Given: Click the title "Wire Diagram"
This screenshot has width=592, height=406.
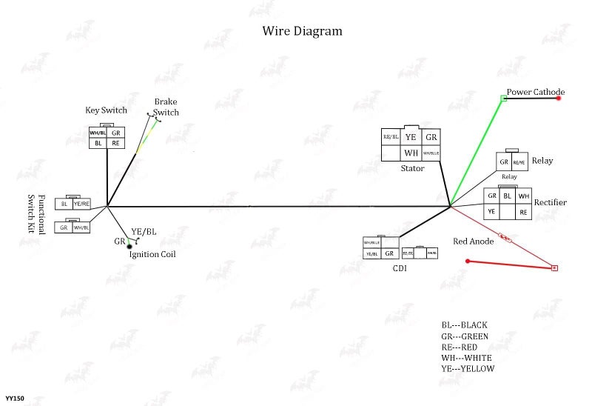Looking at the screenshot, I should [x=303, y=31].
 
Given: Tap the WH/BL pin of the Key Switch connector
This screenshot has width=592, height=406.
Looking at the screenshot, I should [x=98, y=133].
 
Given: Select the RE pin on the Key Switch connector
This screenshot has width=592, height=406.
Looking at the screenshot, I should [x=115, y=143].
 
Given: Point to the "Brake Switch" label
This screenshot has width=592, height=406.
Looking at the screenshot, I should [x=166, y=107].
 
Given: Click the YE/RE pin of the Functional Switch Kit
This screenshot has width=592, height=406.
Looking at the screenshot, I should [x=81, y=204].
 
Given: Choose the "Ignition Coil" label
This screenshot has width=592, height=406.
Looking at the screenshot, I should [x=152, y=254].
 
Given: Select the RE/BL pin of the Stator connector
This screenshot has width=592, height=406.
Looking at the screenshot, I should [x=391, y=137].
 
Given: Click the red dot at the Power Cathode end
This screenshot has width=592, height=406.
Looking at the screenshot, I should [x=559, y=98].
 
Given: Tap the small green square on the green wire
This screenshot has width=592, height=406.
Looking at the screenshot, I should [x=503, y=98].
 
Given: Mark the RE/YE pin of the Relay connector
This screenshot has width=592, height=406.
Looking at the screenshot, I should [x=519, y=162].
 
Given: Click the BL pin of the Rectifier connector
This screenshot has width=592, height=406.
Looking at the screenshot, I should [x=508, y=196].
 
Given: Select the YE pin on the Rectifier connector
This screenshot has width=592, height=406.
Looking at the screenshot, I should [x=491, y=212].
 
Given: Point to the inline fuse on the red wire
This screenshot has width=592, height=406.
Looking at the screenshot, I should [x=506, y=239].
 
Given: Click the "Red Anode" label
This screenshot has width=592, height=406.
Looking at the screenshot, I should [x=474, y=242].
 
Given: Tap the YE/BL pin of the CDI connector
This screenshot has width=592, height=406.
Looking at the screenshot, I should [x=371, y=253].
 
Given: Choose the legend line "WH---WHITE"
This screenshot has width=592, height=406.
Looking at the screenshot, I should [x=466, y=358].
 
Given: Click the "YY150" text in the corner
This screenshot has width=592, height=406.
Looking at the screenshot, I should [x=15, y=399].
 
